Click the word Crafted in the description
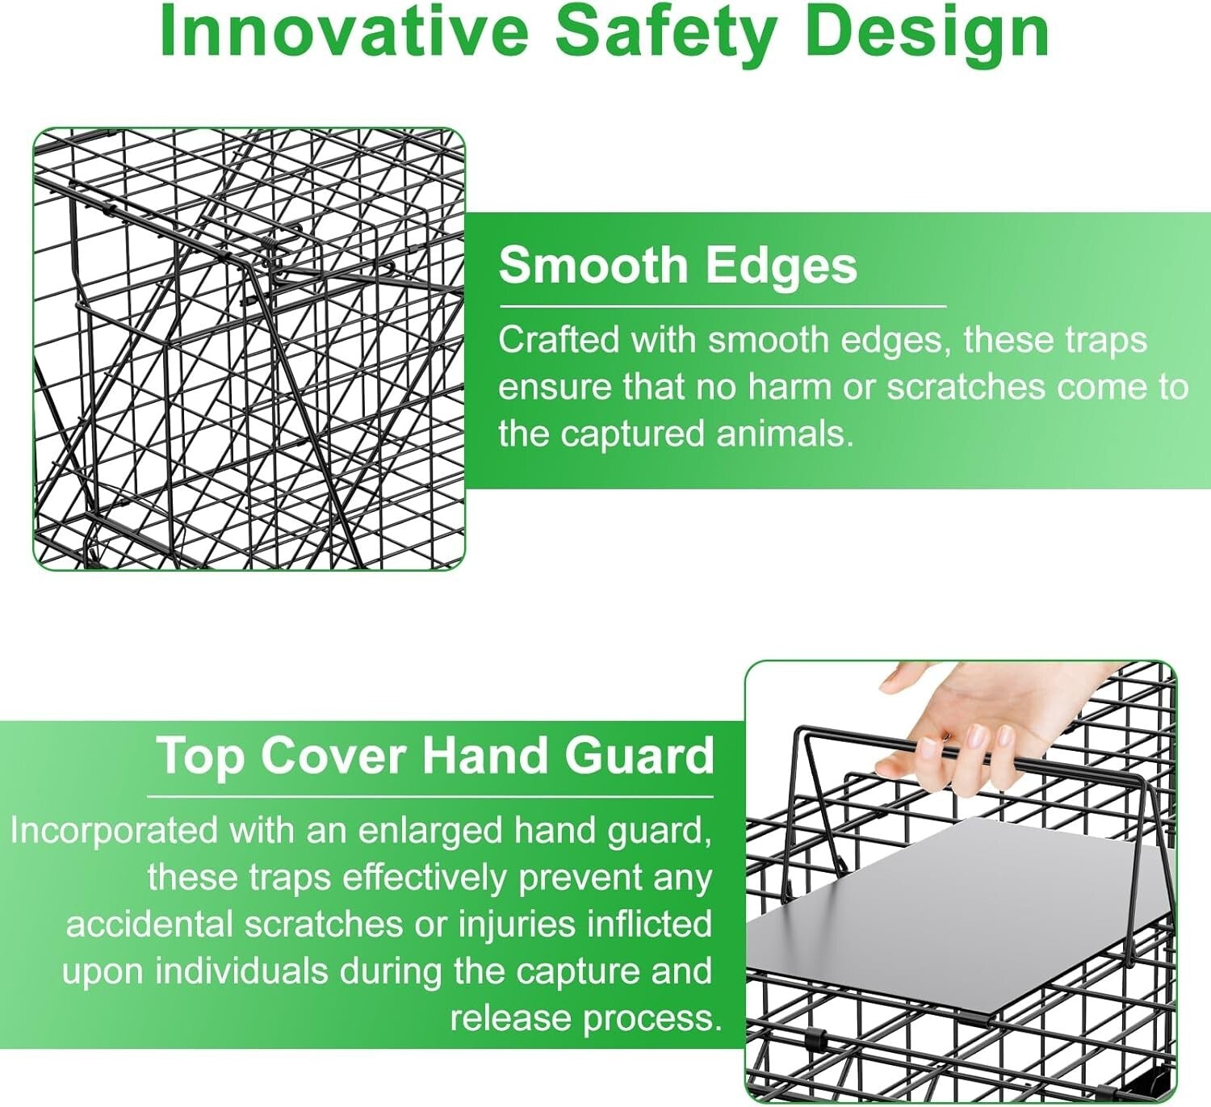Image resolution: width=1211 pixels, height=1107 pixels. pos(559,339)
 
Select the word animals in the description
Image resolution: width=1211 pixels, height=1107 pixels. pos(786,434)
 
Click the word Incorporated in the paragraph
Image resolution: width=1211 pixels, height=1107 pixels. pos(114,832)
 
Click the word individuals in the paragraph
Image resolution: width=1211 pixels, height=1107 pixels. pos(241,971)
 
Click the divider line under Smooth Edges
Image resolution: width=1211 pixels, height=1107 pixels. pos(723,307)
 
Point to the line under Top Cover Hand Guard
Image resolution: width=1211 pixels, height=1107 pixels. pos(430,797)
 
